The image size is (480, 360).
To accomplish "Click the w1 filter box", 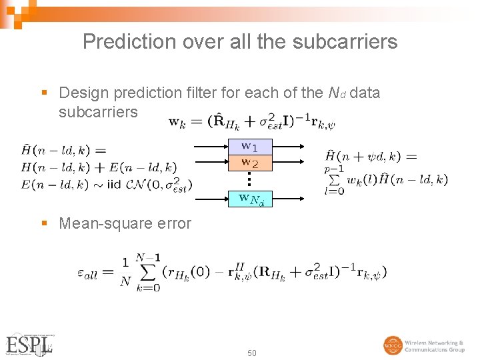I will coord(249,146).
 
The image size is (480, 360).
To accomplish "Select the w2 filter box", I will coord(249,162).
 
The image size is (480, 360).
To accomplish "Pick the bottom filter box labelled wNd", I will coord(251,198).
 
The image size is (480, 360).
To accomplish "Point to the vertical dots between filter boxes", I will coord(247,179).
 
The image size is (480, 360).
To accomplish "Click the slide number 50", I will coord(252,353).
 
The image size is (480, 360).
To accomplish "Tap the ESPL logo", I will coord(30,345).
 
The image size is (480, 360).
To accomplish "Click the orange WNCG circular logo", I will coord(393,345).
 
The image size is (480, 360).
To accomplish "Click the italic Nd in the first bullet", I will coord(337,93).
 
